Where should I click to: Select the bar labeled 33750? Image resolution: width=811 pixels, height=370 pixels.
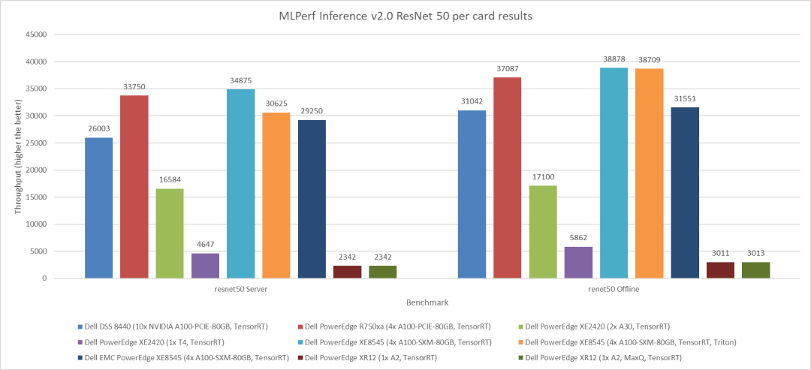click(134, 187)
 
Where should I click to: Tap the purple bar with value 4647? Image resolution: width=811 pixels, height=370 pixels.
click(205, 266)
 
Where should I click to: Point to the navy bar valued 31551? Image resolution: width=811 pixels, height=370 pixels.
click(685, 193)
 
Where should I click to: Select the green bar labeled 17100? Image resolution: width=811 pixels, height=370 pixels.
click(543, 232)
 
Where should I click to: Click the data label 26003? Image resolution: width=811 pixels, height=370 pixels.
click(98, 129)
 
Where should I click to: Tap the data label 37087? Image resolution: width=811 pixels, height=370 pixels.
click(507, 69)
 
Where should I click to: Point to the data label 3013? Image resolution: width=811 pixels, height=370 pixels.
click(755, 254)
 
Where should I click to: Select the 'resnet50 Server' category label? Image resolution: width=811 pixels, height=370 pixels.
click(241, 289)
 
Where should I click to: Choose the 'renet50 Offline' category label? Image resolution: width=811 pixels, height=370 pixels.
click(614, 289)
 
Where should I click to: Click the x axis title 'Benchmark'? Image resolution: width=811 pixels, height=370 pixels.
click(427, 303)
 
